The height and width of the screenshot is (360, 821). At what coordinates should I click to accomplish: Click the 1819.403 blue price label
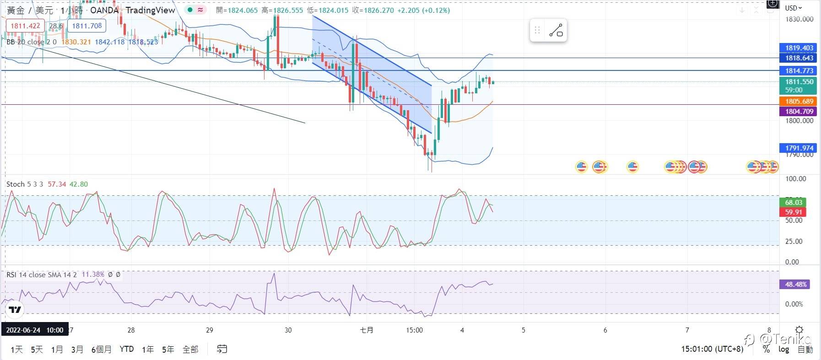tap(799, 48)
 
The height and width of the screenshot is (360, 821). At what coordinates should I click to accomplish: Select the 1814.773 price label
tap(799, 71)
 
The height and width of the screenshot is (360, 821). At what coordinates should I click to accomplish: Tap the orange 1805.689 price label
tap(799, 102)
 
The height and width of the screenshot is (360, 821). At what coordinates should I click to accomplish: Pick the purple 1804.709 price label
tap(799, 111)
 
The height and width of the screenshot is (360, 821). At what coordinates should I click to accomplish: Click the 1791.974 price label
tap(799, 148)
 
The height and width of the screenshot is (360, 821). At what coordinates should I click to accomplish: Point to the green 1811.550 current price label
tap(799, 82)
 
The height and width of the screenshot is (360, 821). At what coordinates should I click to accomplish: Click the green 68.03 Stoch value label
tap(794, 203)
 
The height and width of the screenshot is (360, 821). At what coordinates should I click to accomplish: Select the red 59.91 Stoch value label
tap(794, 212)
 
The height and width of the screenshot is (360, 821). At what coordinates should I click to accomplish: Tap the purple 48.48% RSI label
tap(795, 285)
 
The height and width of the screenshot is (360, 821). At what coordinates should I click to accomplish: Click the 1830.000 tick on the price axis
tap(799, 19)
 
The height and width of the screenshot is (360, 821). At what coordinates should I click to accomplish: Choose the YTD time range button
tap(127, 349)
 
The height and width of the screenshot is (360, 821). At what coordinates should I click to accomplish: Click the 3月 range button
tap(77, 349)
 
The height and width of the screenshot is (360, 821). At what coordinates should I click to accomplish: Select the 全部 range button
tap(190, 349)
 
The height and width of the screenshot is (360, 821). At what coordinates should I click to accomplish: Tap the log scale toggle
tap(783, 349)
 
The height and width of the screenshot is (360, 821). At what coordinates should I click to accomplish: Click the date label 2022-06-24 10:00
tap(35, 330)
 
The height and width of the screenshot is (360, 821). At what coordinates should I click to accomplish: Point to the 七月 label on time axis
tap(367, 330)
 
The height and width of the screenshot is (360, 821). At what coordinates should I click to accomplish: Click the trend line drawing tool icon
tap(556, 31)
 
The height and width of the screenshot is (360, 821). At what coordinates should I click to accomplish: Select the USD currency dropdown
tap(794, 8)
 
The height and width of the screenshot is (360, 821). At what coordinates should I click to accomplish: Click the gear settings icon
tap(799, 330)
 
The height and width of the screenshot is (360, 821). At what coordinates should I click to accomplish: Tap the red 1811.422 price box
tap(25, 26)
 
